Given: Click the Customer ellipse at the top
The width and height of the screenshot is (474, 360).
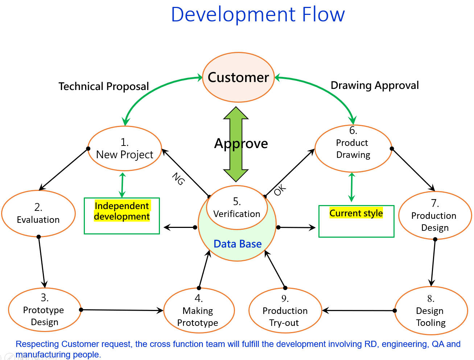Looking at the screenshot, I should pos(238,77).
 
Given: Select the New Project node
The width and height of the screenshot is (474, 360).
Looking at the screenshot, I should pos(124,149).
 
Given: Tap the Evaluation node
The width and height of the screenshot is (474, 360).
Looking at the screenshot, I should pos(38,214).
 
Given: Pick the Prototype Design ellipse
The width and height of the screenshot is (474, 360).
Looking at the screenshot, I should pos(44,310).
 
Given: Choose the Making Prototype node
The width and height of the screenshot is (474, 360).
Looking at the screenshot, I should pos(199,311).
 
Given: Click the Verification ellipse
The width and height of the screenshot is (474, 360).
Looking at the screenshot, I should pos(237,208).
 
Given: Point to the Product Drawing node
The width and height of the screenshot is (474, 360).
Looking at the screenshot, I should pos(353,148).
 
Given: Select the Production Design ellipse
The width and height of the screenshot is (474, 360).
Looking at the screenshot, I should pos(434,216).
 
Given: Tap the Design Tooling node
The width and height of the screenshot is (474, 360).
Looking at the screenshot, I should pos(430,311).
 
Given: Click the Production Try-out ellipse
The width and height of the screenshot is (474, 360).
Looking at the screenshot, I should pos(285,311).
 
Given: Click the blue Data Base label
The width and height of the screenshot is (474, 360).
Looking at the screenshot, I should pos(238,244).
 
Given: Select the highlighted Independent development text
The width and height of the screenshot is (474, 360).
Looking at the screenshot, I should pos(122,211).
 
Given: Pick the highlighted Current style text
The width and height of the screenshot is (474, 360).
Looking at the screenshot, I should pos(356,213).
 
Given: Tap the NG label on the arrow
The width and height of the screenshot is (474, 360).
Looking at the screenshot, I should pos(178,179).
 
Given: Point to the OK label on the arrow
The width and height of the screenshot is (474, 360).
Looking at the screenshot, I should pos(280,190).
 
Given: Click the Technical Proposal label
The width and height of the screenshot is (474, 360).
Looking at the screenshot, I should pos(104,86).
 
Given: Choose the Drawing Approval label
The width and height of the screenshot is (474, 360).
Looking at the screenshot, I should pos(375,85).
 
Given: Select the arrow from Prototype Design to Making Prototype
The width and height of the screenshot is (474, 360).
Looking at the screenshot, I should pos(122,310).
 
